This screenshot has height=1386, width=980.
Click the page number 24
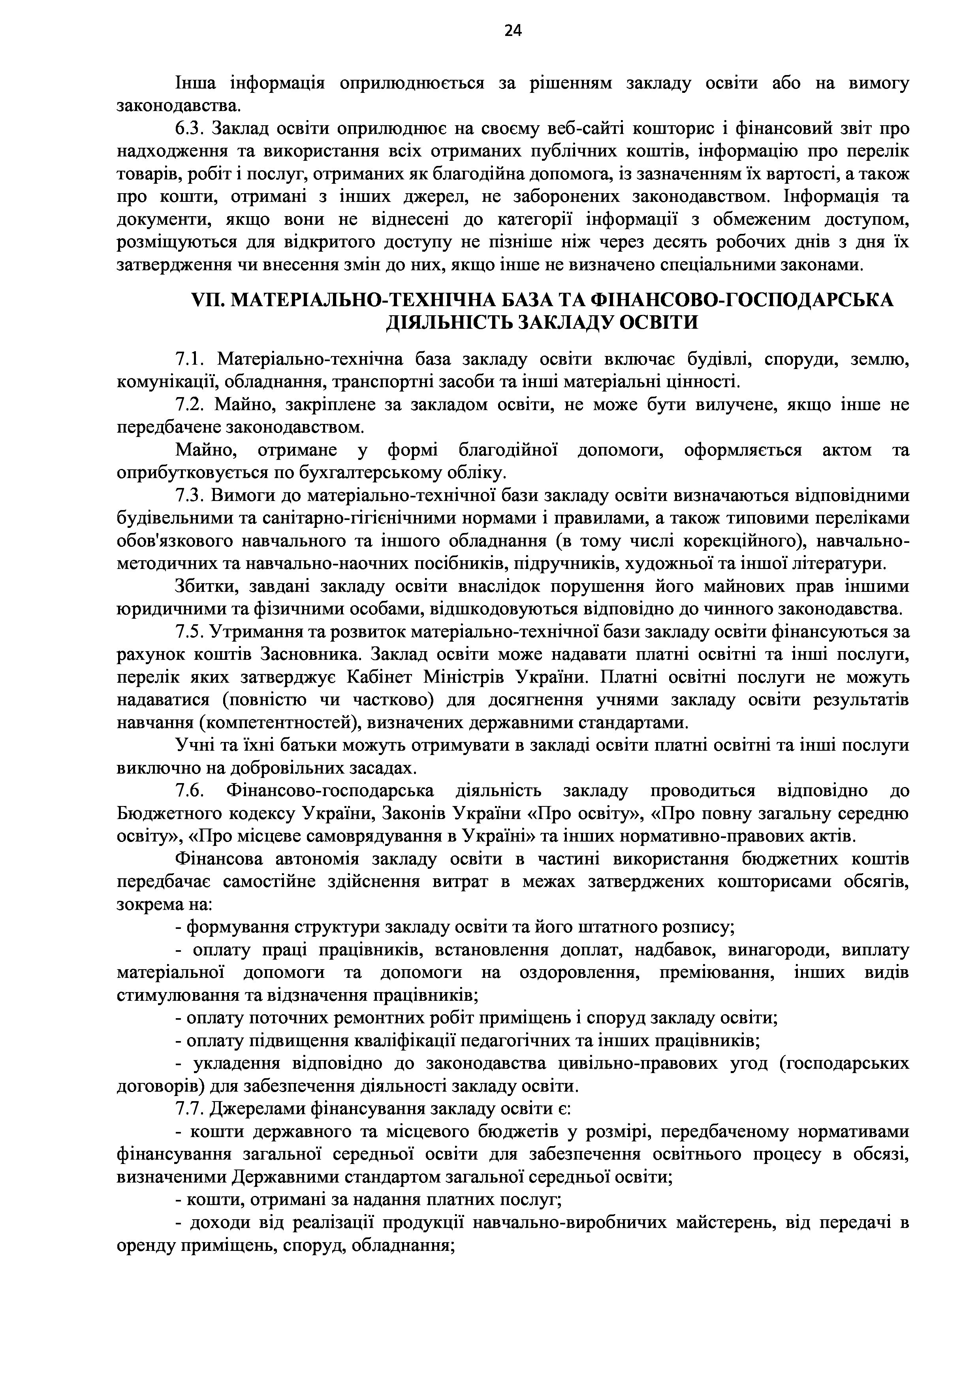click(512, 31)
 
